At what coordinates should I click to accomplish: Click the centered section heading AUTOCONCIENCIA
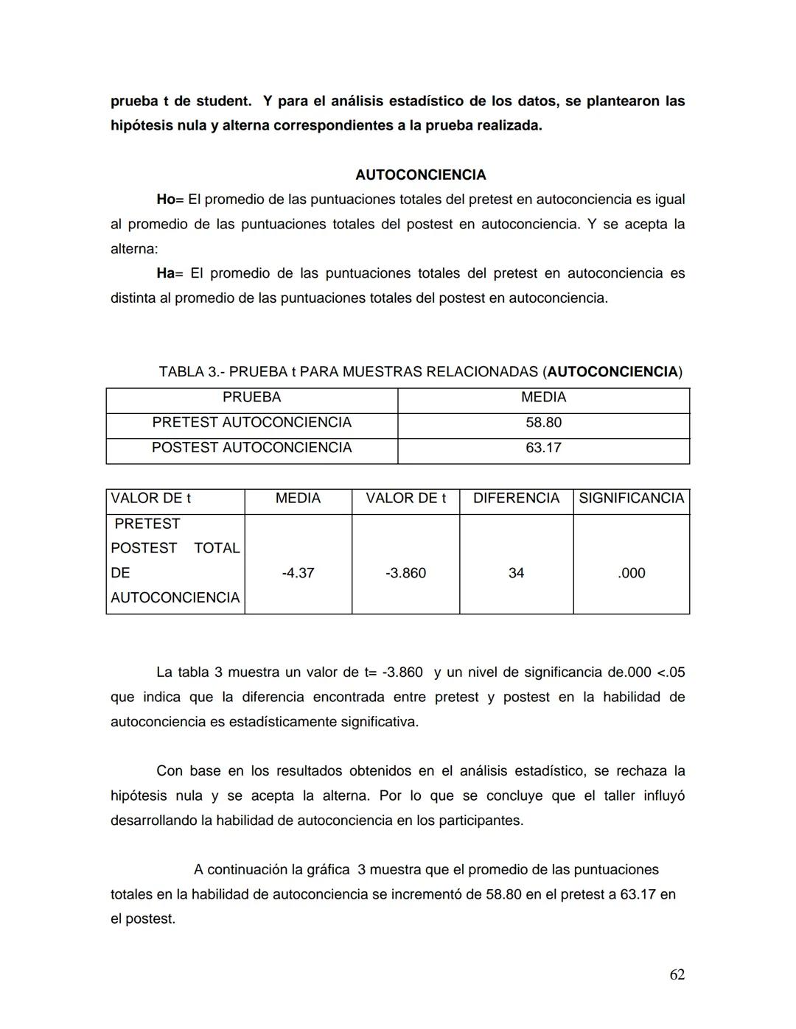420,175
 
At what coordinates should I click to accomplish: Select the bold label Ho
165,199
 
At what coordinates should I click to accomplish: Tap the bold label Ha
165,273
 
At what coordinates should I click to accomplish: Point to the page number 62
677,974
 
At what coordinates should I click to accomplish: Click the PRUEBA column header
251,397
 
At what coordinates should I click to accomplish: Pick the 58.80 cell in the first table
543,422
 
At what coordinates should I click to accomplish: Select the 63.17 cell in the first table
543,447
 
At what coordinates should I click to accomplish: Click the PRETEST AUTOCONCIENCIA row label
251,422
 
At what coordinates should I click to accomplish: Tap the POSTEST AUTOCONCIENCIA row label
251,447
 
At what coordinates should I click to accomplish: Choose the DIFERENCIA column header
516,498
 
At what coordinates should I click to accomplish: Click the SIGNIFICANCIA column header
631,498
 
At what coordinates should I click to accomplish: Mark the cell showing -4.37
298,572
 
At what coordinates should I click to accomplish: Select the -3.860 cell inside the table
405,572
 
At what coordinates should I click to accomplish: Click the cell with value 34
516,572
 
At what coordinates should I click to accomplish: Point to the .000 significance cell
631,572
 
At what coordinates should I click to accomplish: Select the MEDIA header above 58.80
543,397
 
